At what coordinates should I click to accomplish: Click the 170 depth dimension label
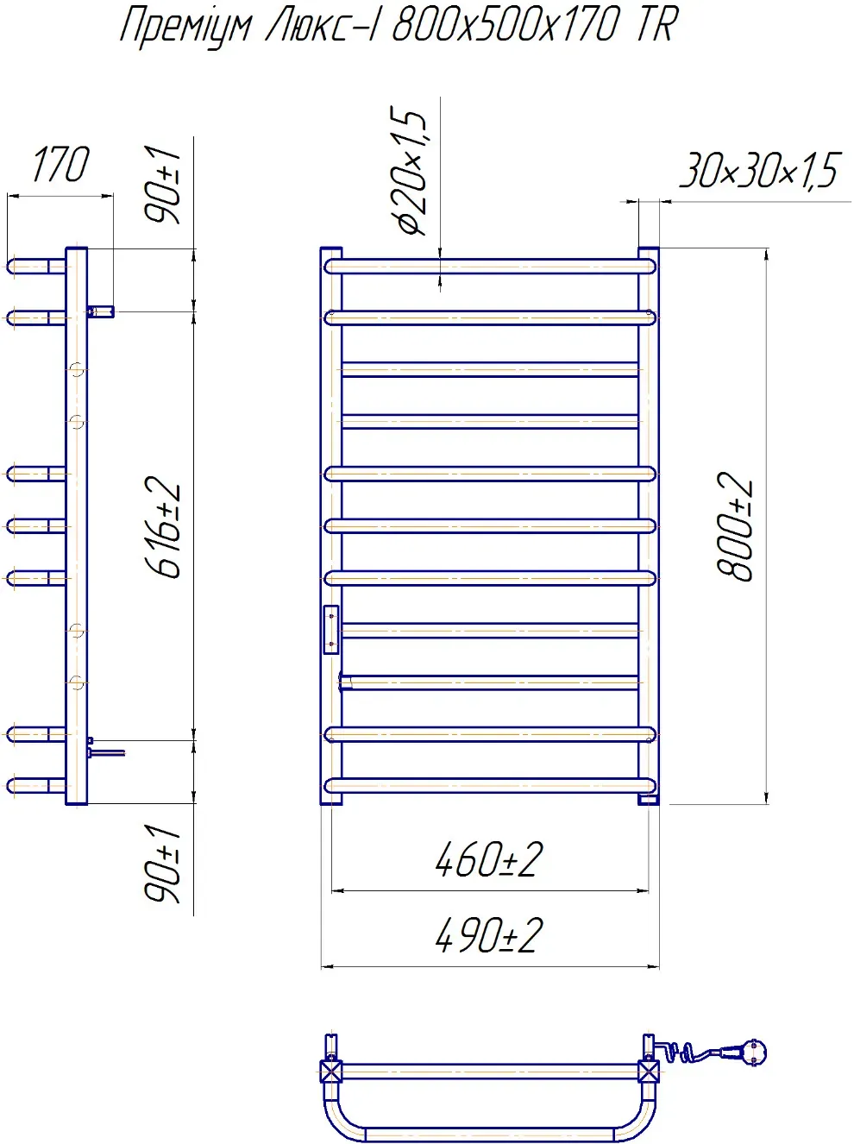pyautogui.click(x=60, y=166)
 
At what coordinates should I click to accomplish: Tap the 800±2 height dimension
pyautogui.click(x=735, y=526)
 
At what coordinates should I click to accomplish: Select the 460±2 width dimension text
pyautogui.click(x=489, y=860)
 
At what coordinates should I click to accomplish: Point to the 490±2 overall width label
pyautogui.click(x=489, y=936)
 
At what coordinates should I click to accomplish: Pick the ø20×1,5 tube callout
pyautogui.click(x=411, y=173)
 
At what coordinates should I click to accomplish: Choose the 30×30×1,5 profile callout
pyautogui.click(x=759, y=170)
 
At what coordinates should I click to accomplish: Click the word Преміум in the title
pyautogui.click(x=185, y=26)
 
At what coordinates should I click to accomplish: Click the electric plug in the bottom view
pyautogui.click(x=748, y=1052)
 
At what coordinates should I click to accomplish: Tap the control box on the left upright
pyautogui.click(x=331, y=629)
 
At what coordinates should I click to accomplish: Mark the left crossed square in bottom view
pyautogui.click(x=331, y=1072)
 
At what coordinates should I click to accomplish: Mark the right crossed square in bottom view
pyautogui.click(x=649, y=1072)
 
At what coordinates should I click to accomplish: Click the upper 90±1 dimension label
pyautogui.click(x=164, y=185)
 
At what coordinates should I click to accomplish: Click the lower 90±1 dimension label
pyautogui.click(x=164, y=863)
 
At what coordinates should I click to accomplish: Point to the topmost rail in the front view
pyautogui.click(x=490, y=267)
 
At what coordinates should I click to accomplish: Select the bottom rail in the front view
pyautogui.click(x=490, y=785)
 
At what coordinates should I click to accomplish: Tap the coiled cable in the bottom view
pyautogui.click(x=681, y=1052)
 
